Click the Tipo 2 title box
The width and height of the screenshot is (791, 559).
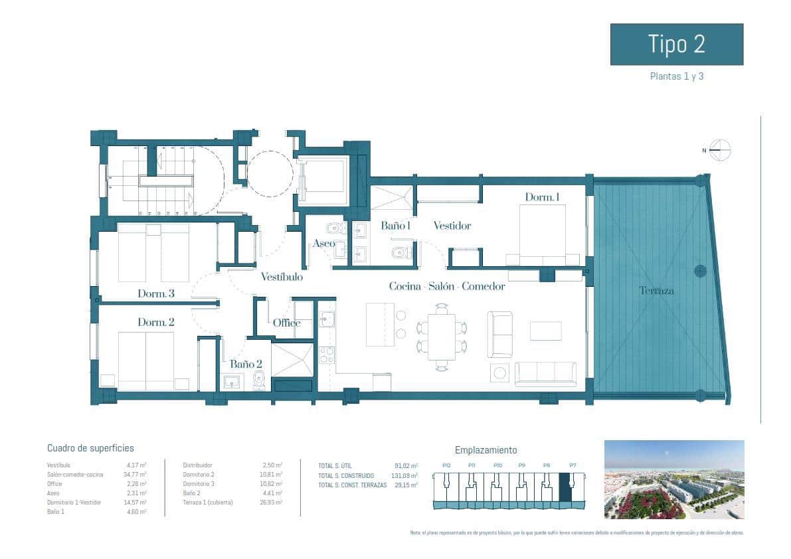[x=676, y=44]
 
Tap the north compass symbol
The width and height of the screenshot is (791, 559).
[x=719, y=150]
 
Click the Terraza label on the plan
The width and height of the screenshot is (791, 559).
[x=656, y=291]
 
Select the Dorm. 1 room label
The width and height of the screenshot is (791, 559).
[x=542, y=197]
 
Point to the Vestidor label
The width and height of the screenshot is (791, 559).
[x=452, y=226]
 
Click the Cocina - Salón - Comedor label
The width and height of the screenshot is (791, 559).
[x=446, y=287]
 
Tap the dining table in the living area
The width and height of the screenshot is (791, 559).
[x=442, y=337]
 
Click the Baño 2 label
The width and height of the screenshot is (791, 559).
[x=246, y=364]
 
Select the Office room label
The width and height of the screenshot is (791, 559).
[x=287, y=323]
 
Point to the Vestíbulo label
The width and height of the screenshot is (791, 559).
[x=282, y=277]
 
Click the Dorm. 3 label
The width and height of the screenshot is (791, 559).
[x=156, y=293]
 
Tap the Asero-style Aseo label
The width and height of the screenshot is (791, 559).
[x=324, y=243]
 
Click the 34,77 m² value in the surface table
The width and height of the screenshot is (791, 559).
[x=136, y=475]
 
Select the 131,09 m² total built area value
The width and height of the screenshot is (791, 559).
[x=405, y=476]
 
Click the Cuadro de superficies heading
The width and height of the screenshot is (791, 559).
[x=90, y=448]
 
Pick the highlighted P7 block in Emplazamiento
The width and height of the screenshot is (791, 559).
[x=566, y=487]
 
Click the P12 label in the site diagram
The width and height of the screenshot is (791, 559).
[x=446, y=465]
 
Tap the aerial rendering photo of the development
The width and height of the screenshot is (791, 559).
[x=673, y=479]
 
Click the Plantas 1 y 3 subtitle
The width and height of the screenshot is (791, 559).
[x=676, y=76]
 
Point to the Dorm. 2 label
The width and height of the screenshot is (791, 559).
[x=156, y=322]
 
